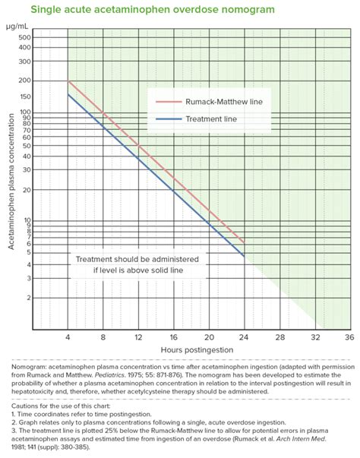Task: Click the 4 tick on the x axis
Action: (68, 336)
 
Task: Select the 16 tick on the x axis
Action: (173, 336)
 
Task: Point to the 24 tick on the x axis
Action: (244, 336)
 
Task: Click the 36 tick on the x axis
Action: (349, 336)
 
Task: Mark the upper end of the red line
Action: (68, 81)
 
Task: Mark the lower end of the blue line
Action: (244, 257)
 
